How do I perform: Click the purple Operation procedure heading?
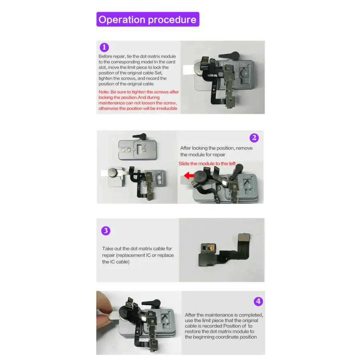coord(148,19)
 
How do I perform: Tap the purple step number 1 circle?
coord(104,47)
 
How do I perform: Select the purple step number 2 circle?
coord(254,138)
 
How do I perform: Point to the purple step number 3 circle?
coord(106,230)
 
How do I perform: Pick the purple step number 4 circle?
coord(258,301)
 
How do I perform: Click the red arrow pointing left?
coord(189,176)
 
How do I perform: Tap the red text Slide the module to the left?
coord(207,164)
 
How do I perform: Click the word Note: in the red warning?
coord(104,92)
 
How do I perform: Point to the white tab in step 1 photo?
coord(188,70)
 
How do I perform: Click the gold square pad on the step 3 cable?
coord(244,237)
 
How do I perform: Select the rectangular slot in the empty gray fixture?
coord(139,149)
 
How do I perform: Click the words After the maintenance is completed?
coord(224,315)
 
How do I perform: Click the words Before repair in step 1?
coord(112,56)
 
